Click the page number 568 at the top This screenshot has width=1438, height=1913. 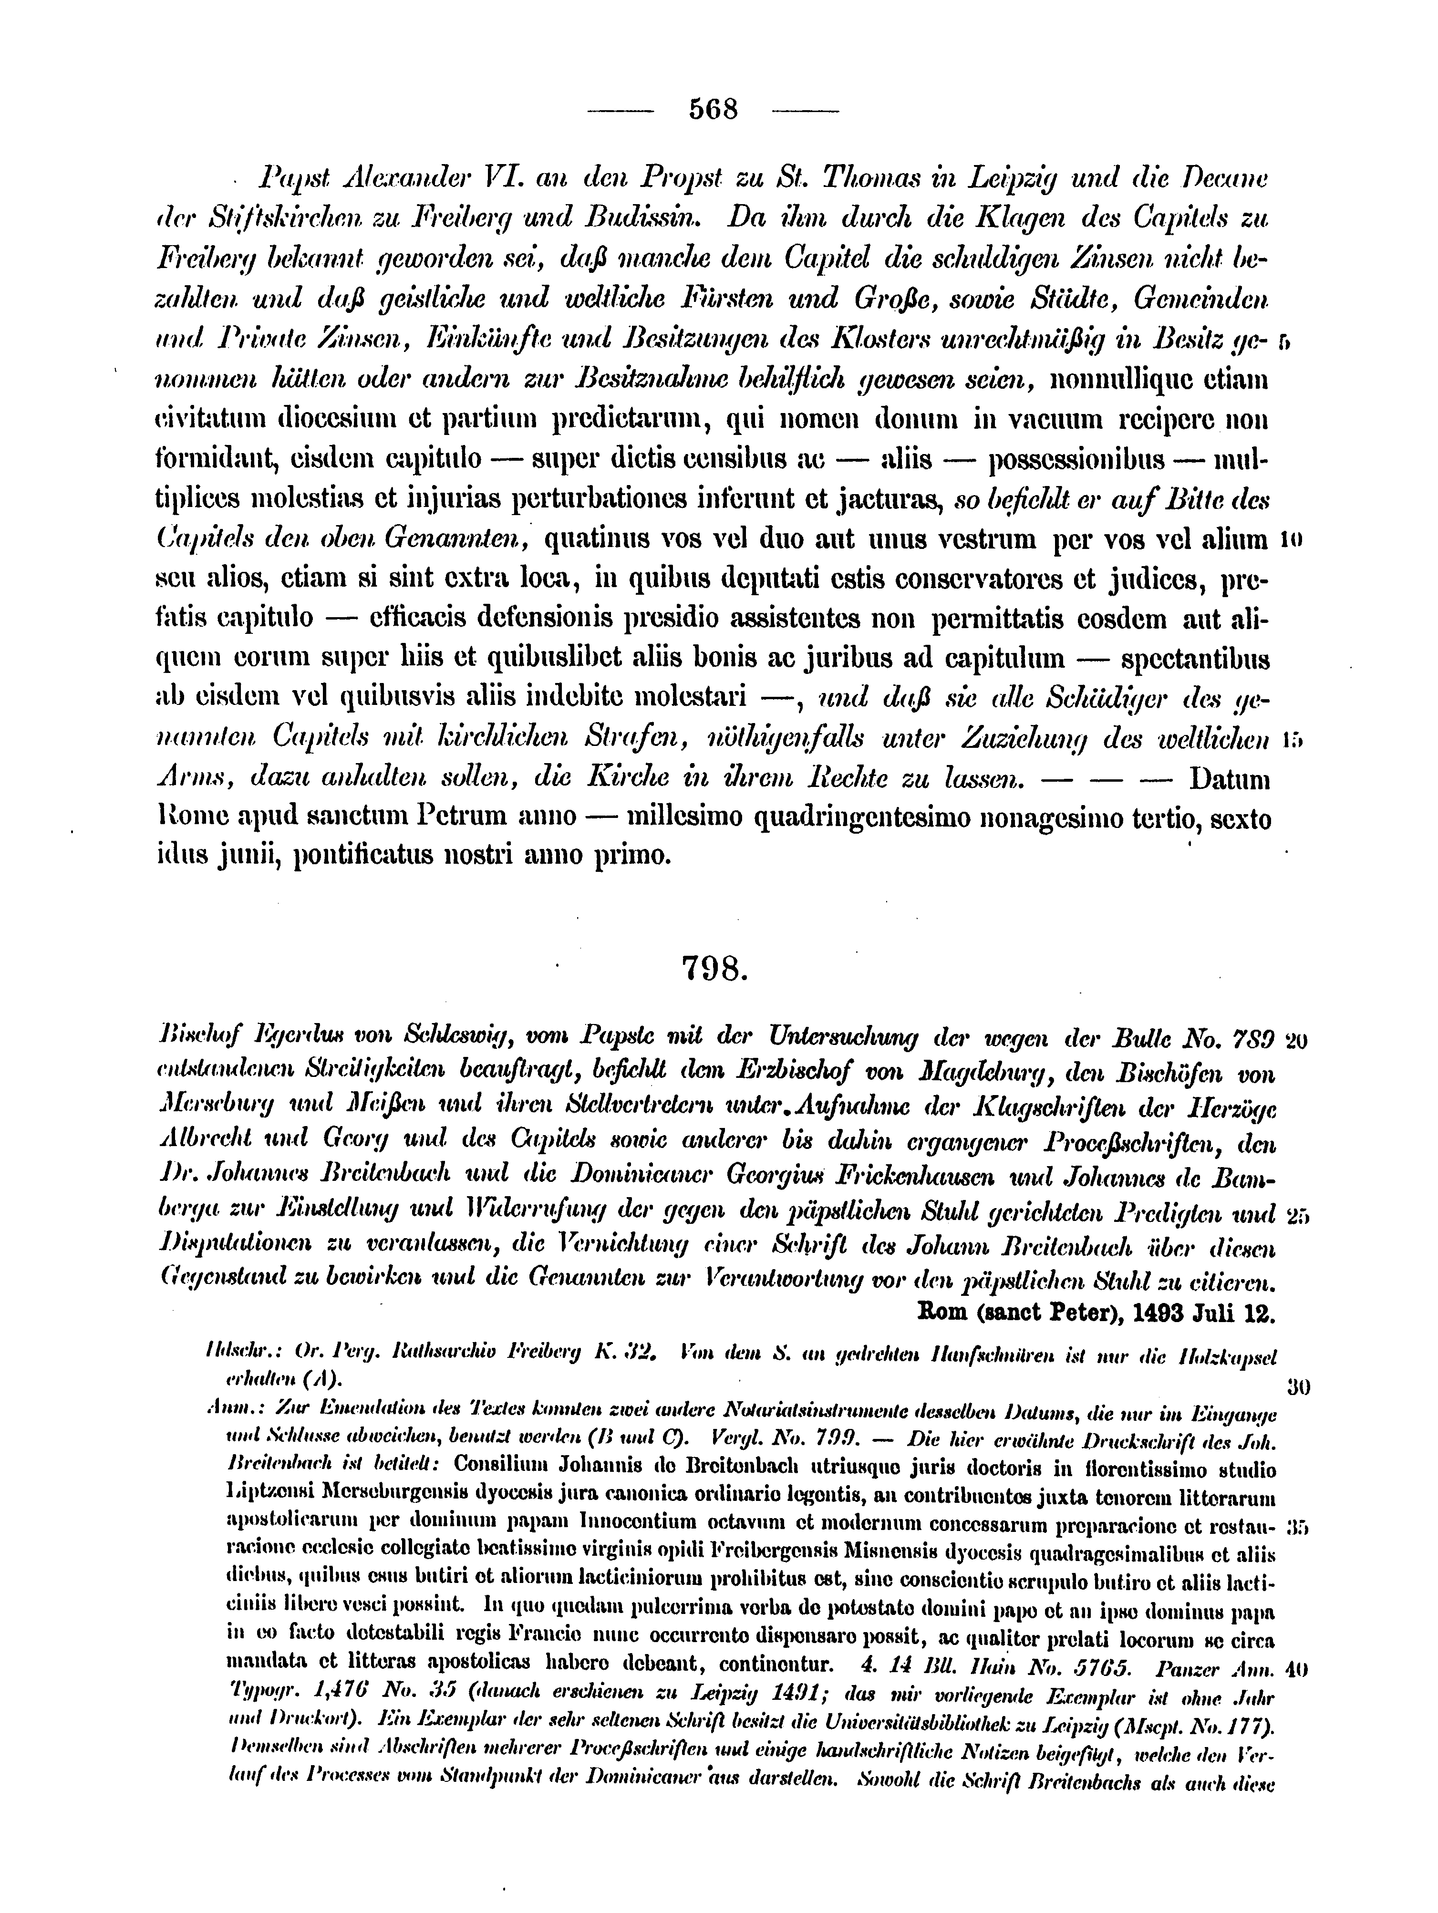714,110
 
